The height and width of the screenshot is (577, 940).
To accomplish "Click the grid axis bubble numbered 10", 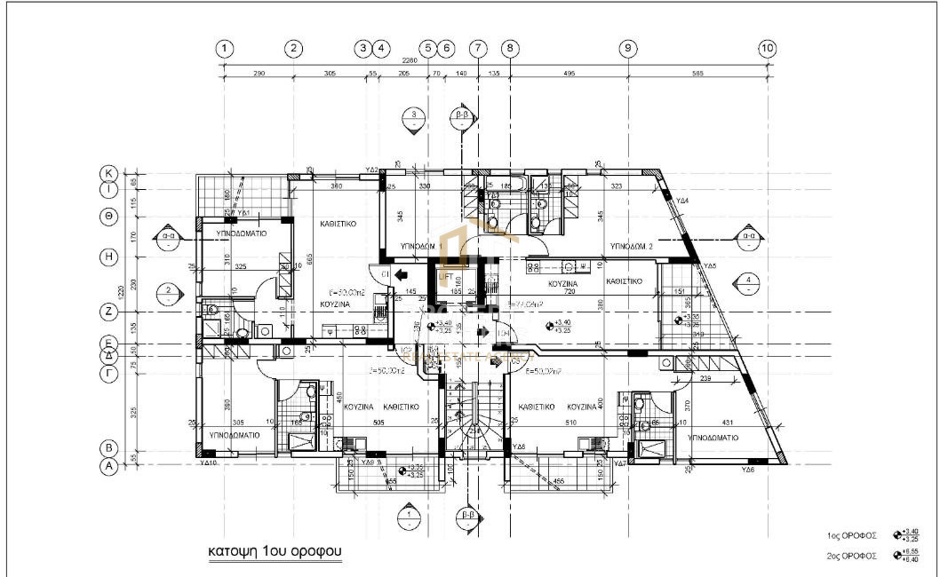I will click(x=768, y=48).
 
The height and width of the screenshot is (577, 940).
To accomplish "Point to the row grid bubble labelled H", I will click(x=108, y=257).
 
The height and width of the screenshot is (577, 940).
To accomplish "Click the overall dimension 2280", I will click(x=409, y=61).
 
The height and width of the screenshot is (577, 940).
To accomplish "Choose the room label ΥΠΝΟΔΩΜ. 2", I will click(x=632, y=245).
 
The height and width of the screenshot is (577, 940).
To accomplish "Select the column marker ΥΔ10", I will click(x=209, y=462).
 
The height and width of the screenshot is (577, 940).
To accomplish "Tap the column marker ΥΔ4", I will click(x=683, y=201).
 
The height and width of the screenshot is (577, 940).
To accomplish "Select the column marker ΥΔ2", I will click(x=373, y=170).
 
